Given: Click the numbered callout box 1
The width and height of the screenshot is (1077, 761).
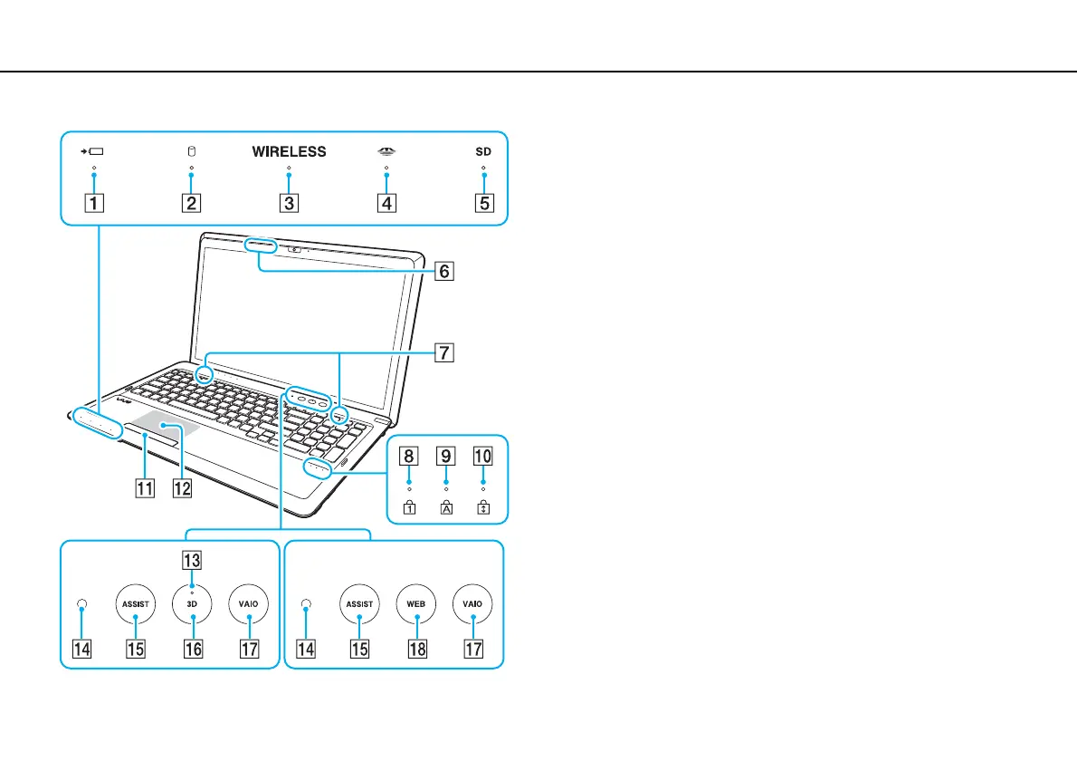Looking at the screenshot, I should pos(93,203).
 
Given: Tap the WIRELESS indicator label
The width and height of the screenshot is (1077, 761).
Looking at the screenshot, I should pos(289,152).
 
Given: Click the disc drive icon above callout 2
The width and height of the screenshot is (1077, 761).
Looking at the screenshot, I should pos(191,152).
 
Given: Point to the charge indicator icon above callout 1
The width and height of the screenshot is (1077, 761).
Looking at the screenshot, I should pos(93,152).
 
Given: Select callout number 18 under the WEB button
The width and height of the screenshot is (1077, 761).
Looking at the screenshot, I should pos(416,649).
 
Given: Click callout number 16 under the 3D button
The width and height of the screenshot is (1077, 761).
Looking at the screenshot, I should pos(192,649).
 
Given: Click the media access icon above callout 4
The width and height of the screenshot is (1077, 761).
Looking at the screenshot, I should pos(386,152).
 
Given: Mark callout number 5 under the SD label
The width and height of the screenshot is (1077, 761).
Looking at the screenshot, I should pos(484,203).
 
